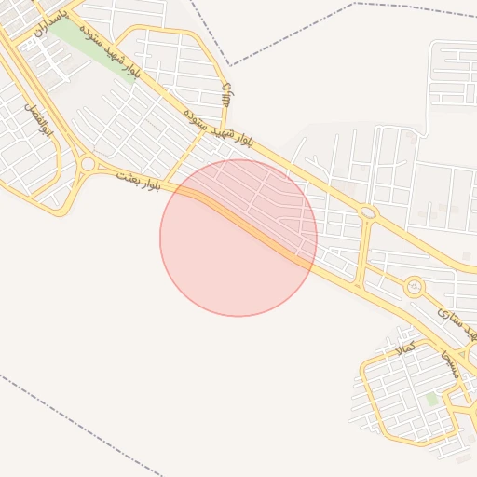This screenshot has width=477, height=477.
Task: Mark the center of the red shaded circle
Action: click(x=238, y=238)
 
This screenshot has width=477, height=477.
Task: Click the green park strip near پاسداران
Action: click(x=89, y=47)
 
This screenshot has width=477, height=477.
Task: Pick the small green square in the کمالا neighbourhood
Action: click(x=431, y=399)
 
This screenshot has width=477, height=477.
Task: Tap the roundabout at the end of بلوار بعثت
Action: click(x=88, y=164)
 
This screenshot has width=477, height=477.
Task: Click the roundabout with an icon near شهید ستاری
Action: click(x=414, y=287)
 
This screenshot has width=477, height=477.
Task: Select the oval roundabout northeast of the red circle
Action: click(x=368, y=213)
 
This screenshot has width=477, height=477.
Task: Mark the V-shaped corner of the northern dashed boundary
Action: click(x=230, y=64)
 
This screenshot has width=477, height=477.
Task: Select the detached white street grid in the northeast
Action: click(x=452, y=75)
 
